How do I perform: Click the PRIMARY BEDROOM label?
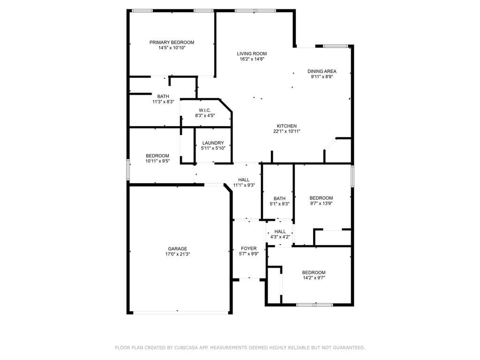pos(172,42)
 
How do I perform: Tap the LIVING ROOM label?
pos(252,53)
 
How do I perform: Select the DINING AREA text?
pos(322,71)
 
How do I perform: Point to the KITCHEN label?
pos(286,126)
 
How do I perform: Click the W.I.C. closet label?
pos(205,110)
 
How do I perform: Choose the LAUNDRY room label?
pos(213,142)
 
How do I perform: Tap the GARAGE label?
pos(178,248)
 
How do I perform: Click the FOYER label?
pos(248,248)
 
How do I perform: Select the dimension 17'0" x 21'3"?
pos(178,254)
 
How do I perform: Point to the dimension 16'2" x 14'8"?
pos(252,59)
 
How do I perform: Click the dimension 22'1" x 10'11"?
pos(286,131)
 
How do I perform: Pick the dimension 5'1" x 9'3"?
pos(279,204)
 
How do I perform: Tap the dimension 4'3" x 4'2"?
pos(280,237)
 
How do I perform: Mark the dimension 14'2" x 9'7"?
pos(314,278)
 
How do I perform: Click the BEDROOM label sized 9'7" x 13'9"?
pos(321,198)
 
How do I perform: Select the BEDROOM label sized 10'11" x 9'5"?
pos(157,156)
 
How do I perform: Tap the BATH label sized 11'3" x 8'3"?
pos(163,96)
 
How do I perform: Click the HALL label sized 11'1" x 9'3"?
pos(244,180)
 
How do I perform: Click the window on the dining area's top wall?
pos(336,46)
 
